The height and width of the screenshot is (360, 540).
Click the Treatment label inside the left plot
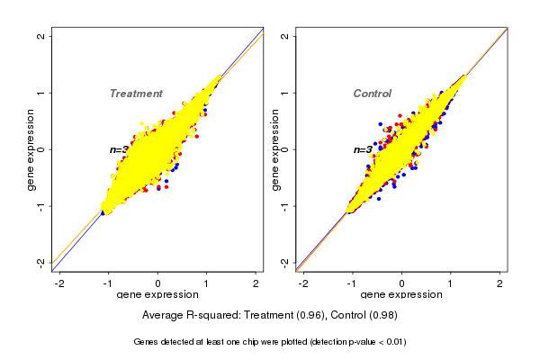(136, 94)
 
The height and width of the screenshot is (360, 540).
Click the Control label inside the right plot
(373, 94)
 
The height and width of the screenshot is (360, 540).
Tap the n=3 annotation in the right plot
(364, 149)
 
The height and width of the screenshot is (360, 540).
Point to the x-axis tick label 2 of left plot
(256, 283)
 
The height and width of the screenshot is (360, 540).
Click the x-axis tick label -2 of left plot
(59, 283)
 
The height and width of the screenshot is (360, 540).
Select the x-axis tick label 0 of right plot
(401, 283)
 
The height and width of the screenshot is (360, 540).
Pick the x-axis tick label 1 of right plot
(451, 283)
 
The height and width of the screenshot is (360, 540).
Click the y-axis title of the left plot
(31, 149)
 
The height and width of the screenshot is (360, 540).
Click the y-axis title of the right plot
(275, 149)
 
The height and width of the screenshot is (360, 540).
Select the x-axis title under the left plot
(157, 295)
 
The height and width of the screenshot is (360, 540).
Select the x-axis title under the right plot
(401, 295)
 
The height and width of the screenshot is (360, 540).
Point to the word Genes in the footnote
(148, 342)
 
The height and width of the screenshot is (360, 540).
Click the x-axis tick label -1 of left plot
(108, 283)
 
